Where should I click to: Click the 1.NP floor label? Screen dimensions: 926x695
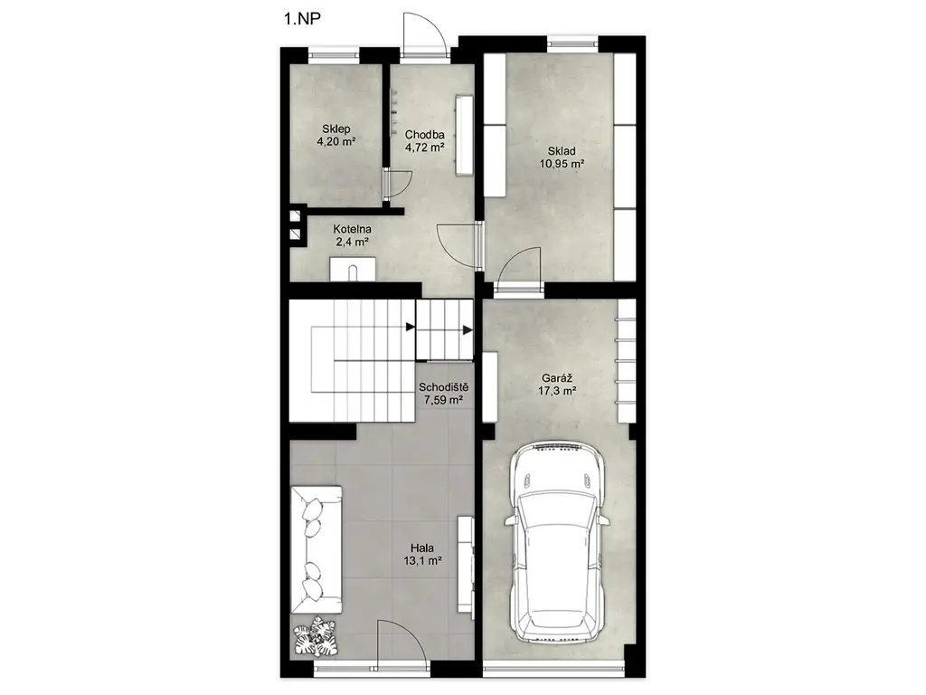302,19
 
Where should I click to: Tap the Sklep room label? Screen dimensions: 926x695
336,129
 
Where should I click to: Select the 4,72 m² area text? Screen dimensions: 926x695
424,148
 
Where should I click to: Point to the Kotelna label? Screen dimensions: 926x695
352,229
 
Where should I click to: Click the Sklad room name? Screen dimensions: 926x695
561,151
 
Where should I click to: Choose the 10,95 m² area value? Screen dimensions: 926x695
562,164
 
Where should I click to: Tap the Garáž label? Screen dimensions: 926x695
557,378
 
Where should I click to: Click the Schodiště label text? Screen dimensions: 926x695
443,387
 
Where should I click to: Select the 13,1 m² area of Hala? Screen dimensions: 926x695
423,561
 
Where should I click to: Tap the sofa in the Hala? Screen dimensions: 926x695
317,549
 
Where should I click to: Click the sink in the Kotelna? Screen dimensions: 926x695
353,268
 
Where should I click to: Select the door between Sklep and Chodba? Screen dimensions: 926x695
398,184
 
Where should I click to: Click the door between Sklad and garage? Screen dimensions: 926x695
517,270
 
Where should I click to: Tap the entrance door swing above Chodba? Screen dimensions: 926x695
424,35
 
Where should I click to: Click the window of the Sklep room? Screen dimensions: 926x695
334,55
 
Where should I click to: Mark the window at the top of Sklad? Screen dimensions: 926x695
572,43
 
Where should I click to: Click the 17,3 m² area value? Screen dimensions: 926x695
557,391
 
